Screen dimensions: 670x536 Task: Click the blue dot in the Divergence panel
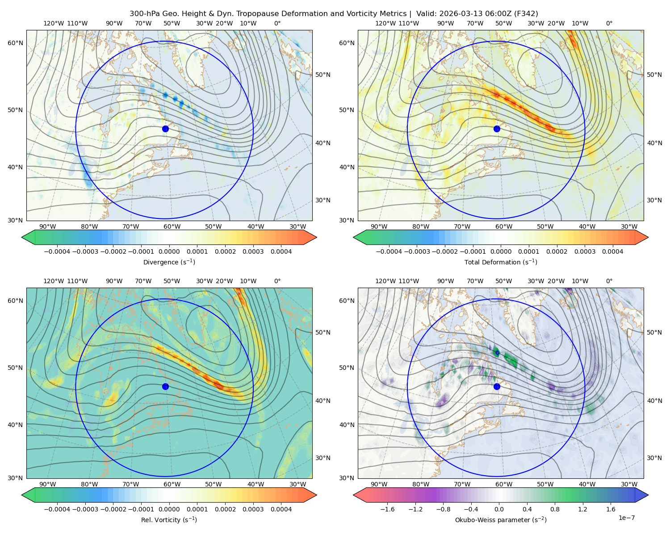pyautogui.click(x=165, y=129)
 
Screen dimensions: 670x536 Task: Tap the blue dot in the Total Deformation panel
pyautogui.click(x=497, y=129)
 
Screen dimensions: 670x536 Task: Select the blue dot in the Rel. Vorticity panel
pyautogui.click(x=165, y=386)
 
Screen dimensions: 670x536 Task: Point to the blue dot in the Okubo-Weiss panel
pyautogui.click(x=497, y=386)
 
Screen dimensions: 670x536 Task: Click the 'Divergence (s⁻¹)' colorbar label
pyautogui.click(x=169, y=262)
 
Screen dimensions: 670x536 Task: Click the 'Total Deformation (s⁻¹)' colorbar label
pyautogui.click(x=501, y=262)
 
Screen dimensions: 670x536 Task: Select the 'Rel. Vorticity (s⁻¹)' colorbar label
pyautogui.click(x=169, y=519)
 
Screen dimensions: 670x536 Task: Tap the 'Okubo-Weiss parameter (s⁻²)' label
pyautogui.click(x=501, y=519)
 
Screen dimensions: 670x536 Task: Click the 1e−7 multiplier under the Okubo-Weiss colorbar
pyautogui.click(x=626, y=518)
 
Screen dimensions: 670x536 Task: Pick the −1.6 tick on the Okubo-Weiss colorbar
pyautogui.click(x=387, y=509)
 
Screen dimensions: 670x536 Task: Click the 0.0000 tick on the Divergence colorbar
pyautogui.click(x=169, y=251)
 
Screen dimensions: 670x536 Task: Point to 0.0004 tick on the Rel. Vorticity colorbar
pyautogui.click(x=281, y=509)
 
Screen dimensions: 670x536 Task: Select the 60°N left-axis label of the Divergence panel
pyautogui.click(x=15, y=43)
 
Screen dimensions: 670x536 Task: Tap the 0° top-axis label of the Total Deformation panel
pyautogui.click(x=609, y=23)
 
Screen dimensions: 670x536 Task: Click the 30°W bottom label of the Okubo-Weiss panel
pyautogui.click(x=629, y=484)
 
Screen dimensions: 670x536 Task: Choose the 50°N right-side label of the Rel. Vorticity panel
pyautogui.click(x=323, y=332)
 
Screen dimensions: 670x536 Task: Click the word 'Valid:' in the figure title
pyautogui.click(x=427, y=13)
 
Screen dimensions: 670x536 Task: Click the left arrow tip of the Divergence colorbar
pyautogui.click(x=21, y=237)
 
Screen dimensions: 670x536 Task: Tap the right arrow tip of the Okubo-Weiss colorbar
pyautogui.click(x=649, y=495)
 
